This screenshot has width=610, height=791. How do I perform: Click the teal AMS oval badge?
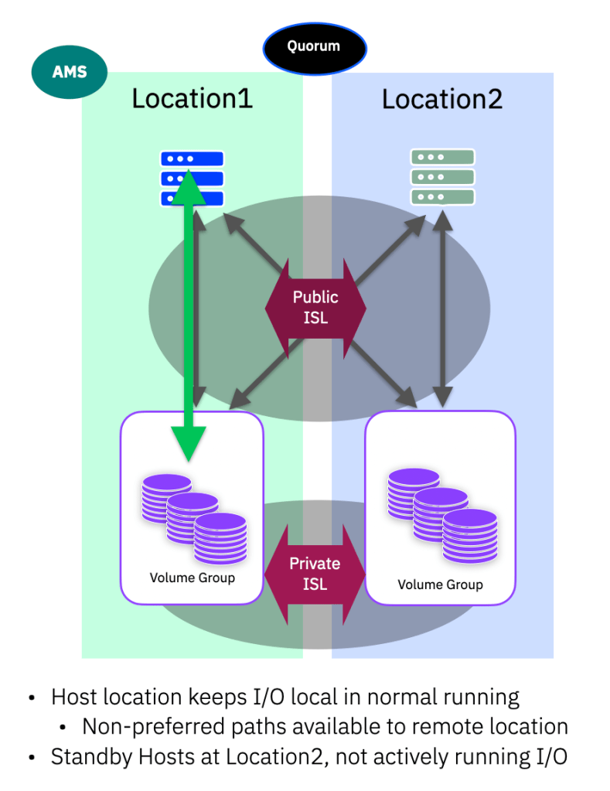70,73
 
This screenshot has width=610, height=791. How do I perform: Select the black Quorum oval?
314,46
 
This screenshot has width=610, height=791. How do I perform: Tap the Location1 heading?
193,100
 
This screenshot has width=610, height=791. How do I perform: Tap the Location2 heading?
441,100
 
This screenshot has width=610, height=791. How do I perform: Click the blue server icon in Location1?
193,178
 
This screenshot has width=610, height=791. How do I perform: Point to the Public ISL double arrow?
315,307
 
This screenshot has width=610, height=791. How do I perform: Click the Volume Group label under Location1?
193,578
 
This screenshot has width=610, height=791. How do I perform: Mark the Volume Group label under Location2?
440,585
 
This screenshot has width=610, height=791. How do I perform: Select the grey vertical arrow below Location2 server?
441,309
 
